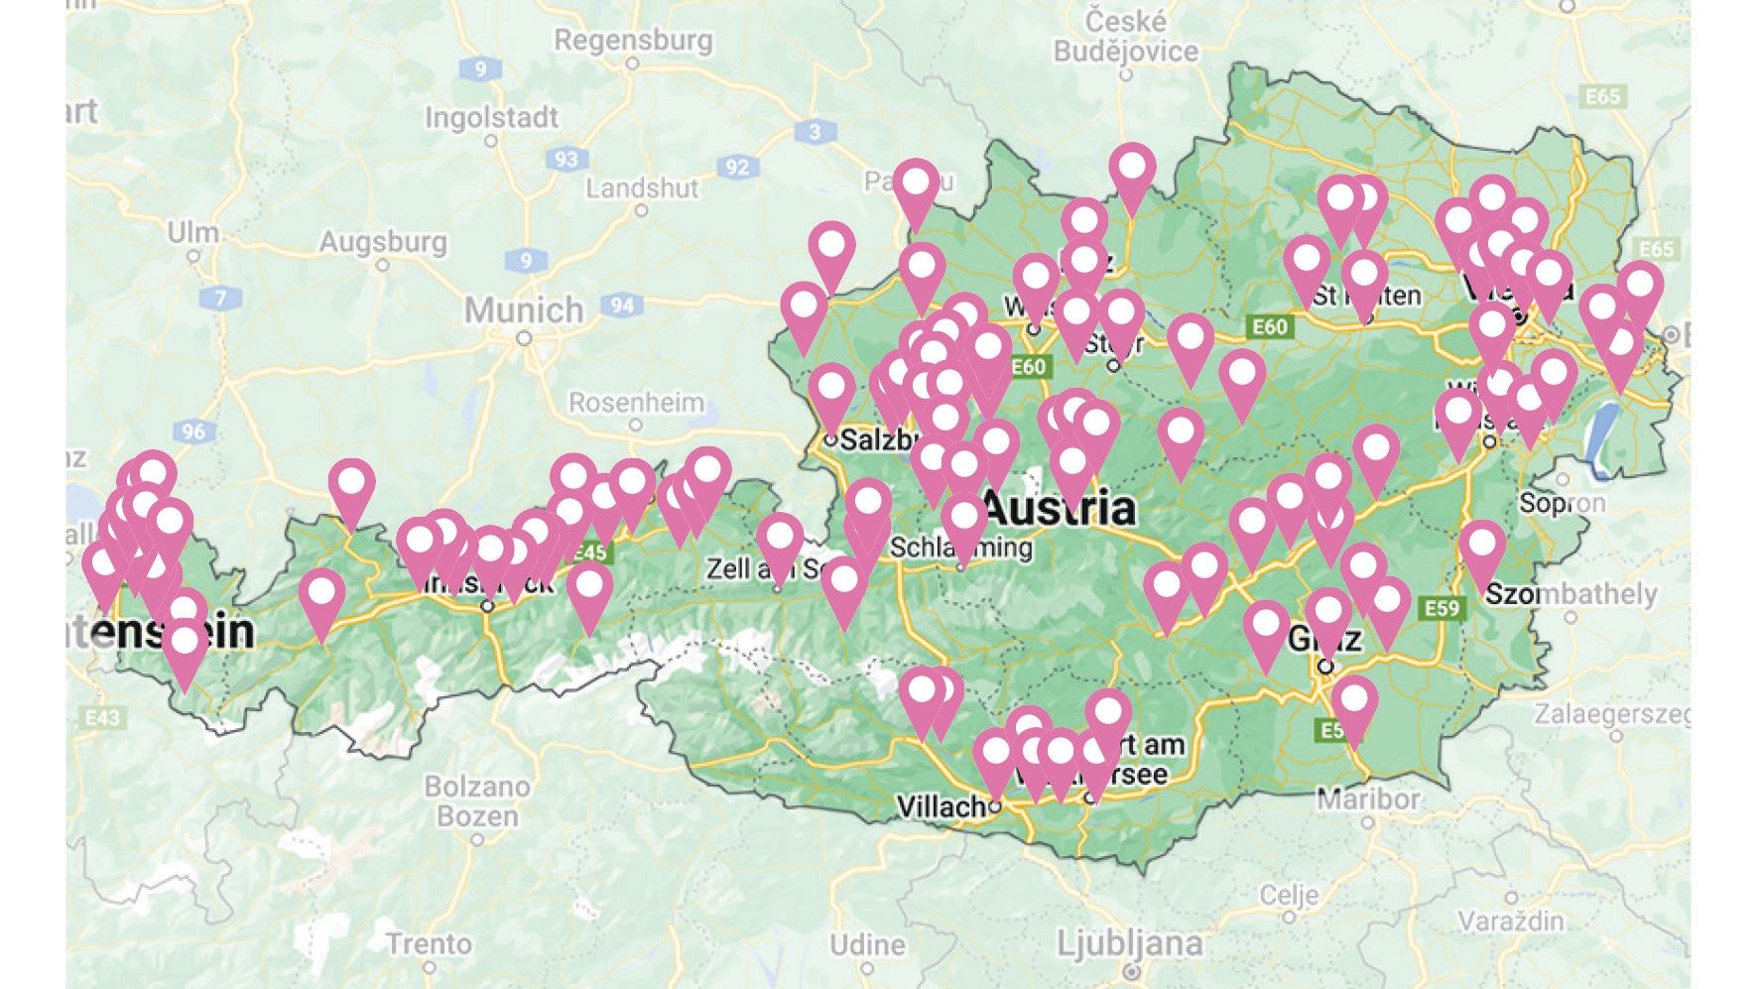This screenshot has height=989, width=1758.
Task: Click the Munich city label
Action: coord(524,309)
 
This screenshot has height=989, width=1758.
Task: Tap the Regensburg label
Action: coord(633,40)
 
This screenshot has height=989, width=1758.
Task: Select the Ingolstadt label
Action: coord(491,117)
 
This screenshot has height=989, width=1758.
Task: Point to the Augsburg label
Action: coord(383,241)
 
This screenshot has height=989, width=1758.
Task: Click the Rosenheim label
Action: coord(636,403)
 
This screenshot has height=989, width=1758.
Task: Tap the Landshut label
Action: coord(642,187)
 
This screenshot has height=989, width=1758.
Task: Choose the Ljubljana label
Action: coord(1129,942)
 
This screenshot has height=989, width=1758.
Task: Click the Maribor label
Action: coord(1367,799)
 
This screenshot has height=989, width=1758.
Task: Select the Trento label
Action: coord(429,942)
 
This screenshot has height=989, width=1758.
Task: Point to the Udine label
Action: coord(868,944)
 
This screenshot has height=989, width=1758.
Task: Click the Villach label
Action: coord(941,806)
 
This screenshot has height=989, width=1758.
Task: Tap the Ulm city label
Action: coord(192,232)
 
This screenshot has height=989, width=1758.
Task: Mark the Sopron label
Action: coord(1562,503)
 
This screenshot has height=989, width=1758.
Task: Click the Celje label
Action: coord(1289,896)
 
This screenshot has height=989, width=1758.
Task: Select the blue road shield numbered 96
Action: coord(193,432)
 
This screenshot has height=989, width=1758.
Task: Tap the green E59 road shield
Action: coord(1442,607)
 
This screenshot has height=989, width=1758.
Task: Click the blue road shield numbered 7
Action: coord(220,297)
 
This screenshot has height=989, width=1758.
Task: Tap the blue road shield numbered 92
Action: coord(736,167)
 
